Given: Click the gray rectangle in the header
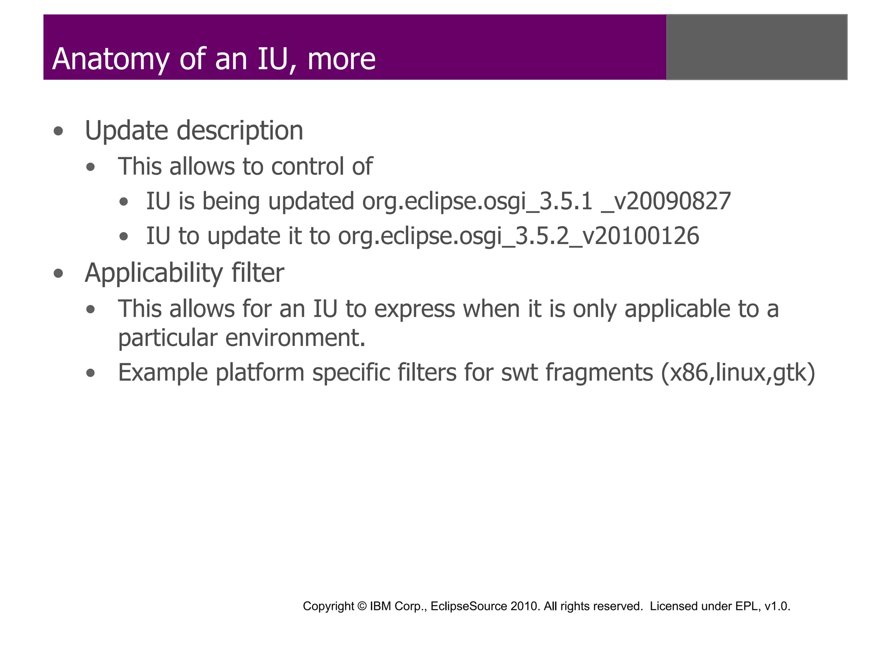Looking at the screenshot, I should [x=757, y=47].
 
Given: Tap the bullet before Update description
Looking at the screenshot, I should [x=59, y=131].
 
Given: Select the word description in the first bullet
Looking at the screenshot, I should [x=240, y=131].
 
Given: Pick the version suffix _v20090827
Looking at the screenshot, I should [x=666, y=202].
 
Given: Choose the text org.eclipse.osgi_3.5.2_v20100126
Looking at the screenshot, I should [x=518, y=236].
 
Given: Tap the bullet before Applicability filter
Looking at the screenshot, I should [x=59, y=273].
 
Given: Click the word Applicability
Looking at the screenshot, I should [x=153, y=273].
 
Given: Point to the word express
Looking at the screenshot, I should [x=414, y=309].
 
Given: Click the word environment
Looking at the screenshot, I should [x=295, y=338].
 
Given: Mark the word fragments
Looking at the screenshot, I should [x=599, y=373].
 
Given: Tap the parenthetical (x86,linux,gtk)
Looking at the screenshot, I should [x=738, y=373].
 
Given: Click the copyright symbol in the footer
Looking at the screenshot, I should [x=362, y=606].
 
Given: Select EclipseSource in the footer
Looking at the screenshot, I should [x=468, y=606].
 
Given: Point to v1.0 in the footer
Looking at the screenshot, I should [x=776, y=606].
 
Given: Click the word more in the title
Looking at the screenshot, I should [x=341, y=59].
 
